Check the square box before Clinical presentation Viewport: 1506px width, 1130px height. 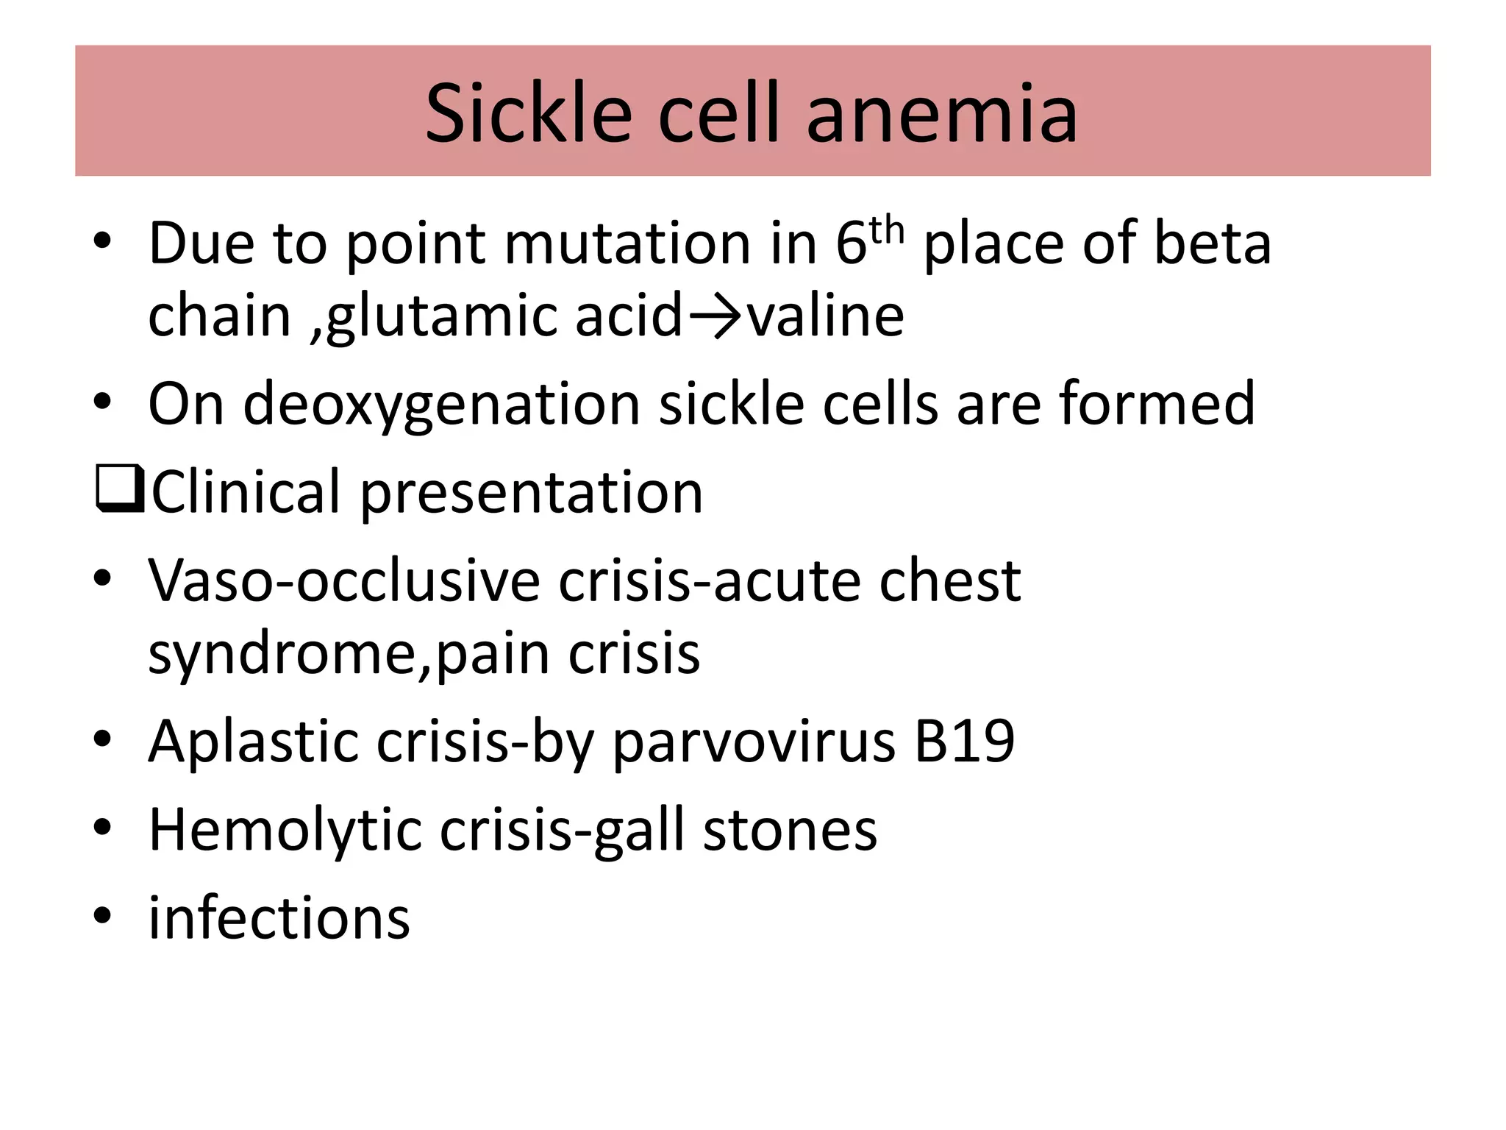point(119,490)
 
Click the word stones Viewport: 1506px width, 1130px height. point(790,831)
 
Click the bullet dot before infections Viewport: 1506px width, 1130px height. point(102,916)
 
